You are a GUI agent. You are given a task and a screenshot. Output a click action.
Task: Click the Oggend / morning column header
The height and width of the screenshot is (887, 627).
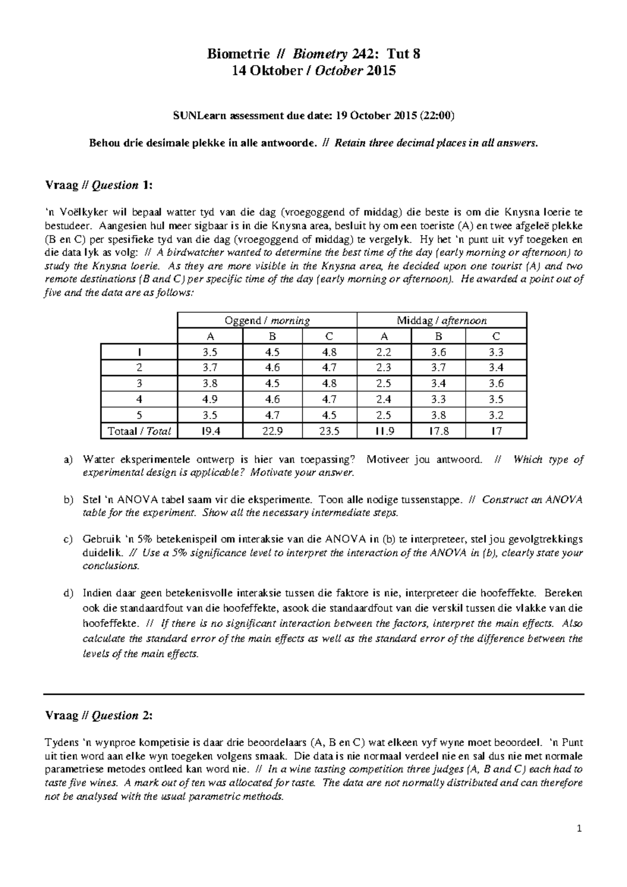267,320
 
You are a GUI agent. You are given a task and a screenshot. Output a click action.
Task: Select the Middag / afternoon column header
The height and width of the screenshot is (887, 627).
442,320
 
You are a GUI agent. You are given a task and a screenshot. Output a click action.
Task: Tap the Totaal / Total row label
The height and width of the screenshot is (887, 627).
139,431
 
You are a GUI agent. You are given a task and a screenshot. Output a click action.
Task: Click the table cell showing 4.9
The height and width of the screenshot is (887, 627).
210,399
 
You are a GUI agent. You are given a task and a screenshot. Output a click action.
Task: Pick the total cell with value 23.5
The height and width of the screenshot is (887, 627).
329,431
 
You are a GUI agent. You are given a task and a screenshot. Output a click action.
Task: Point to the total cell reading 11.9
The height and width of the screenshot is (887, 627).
384,431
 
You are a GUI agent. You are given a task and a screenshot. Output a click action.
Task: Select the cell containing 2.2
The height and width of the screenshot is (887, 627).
384,352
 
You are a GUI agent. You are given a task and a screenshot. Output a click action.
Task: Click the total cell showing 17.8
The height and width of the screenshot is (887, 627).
439,431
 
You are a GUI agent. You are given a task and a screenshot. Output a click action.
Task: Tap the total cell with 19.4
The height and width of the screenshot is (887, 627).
210,431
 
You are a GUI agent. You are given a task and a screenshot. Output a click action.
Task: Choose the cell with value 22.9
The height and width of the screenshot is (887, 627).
272,431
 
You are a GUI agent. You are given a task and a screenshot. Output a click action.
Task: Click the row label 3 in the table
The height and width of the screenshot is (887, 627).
139,383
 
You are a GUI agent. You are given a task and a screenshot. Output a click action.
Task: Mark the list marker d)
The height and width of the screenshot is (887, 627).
68,594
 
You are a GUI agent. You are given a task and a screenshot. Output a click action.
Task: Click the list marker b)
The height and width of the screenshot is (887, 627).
68,500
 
